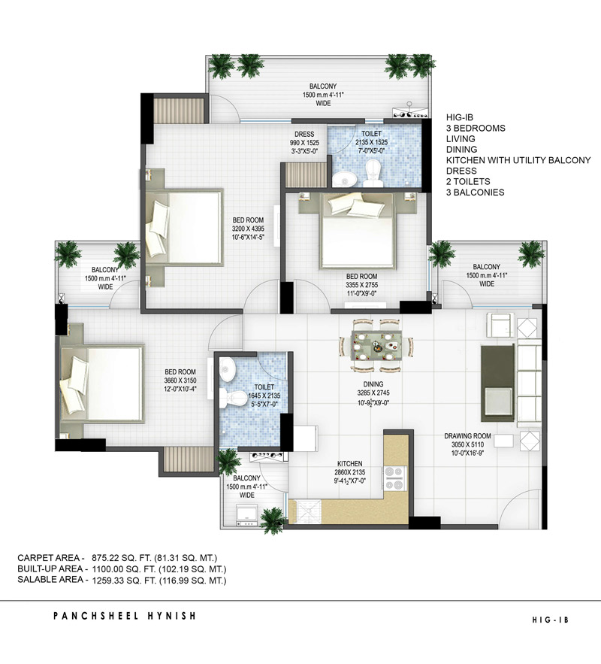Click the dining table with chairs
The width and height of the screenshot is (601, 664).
coord(376,346)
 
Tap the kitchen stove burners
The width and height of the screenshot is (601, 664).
coord(394,478)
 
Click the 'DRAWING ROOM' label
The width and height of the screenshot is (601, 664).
coord(467,435)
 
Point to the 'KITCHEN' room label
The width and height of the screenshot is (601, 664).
coord(350,464)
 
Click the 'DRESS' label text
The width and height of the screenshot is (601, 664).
coord(304,135)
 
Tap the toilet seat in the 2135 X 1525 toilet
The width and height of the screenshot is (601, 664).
coord(373,173)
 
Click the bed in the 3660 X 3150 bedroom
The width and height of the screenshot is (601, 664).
coord(102,384)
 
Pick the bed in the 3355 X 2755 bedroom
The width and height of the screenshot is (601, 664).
coord(358,231)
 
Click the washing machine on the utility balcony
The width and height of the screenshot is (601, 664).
coord(246,515)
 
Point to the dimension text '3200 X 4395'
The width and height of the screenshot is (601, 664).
coord(248,229)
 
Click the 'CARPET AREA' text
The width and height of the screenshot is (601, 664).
coord(49,558)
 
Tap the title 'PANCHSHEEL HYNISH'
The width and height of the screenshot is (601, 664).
coord(125,616)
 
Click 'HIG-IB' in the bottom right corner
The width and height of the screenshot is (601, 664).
coord(550,620)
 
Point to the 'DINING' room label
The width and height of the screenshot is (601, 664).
coord(373,384)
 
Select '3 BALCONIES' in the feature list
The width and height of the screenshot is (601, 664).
coord(476,193)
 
